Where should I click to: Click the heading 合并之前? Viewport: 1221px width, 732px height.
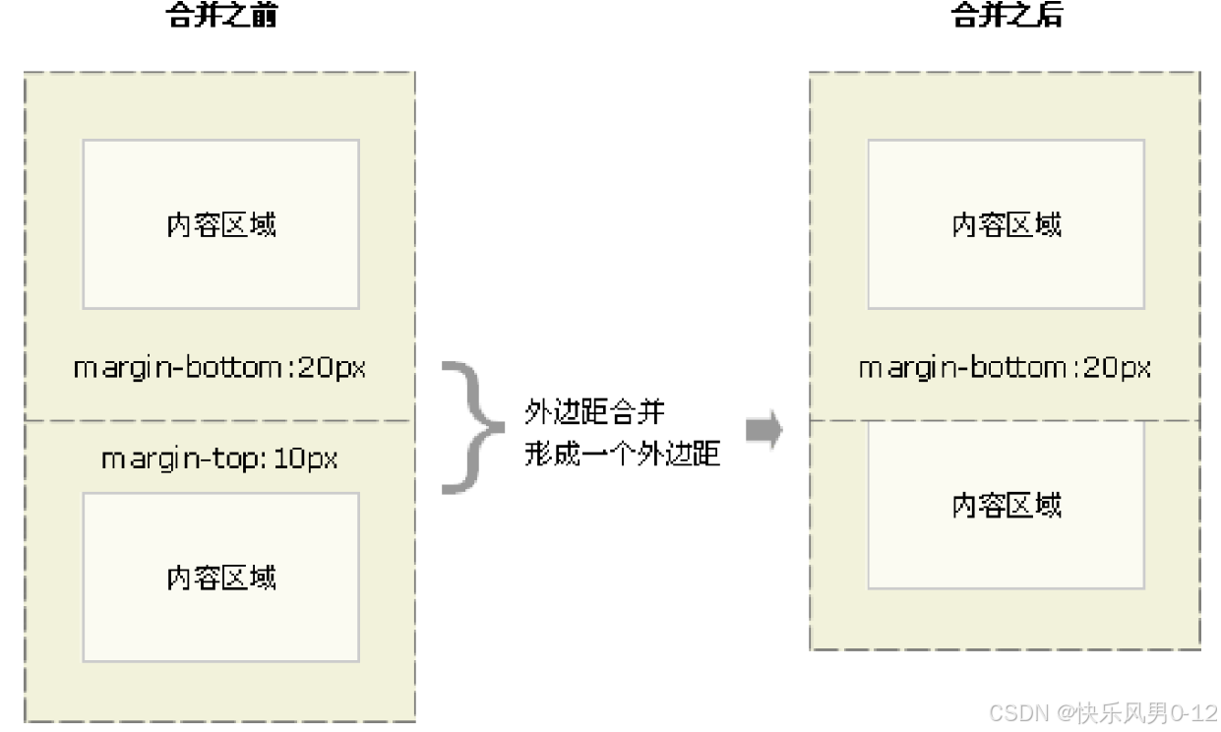click(220, 15)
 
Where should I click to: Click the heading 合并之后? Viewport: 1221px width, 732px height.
click(1007, 15)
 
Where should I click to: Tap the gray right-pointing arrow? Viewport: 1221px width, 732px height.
click(763, 430)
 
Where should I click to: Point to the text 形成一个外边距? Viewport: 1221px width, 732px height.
click(623, 454)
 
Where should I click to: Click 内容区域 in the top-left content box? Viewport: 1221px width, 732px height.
click(220, 224)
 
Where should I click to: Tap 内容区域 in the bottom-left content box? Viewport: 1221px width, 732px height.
click(220, 577)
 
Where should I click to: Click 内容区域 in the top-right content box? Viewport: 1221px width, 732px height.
click(1007, 224)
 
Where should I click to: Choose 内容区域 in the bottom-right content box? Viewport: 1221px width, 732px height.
click(1007, 505)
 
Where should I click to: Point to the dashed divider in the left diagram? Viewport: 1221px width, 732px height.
click(220, 421)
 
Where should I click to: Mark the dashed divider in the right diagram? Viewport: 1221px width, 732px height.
click(1005, 420)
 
